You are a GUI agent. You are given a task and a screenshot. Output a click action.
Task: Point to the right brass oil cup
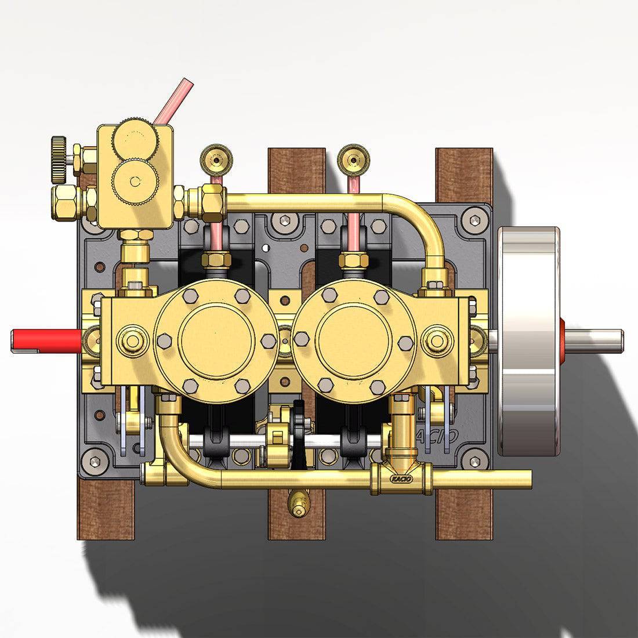pos(353,157)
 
